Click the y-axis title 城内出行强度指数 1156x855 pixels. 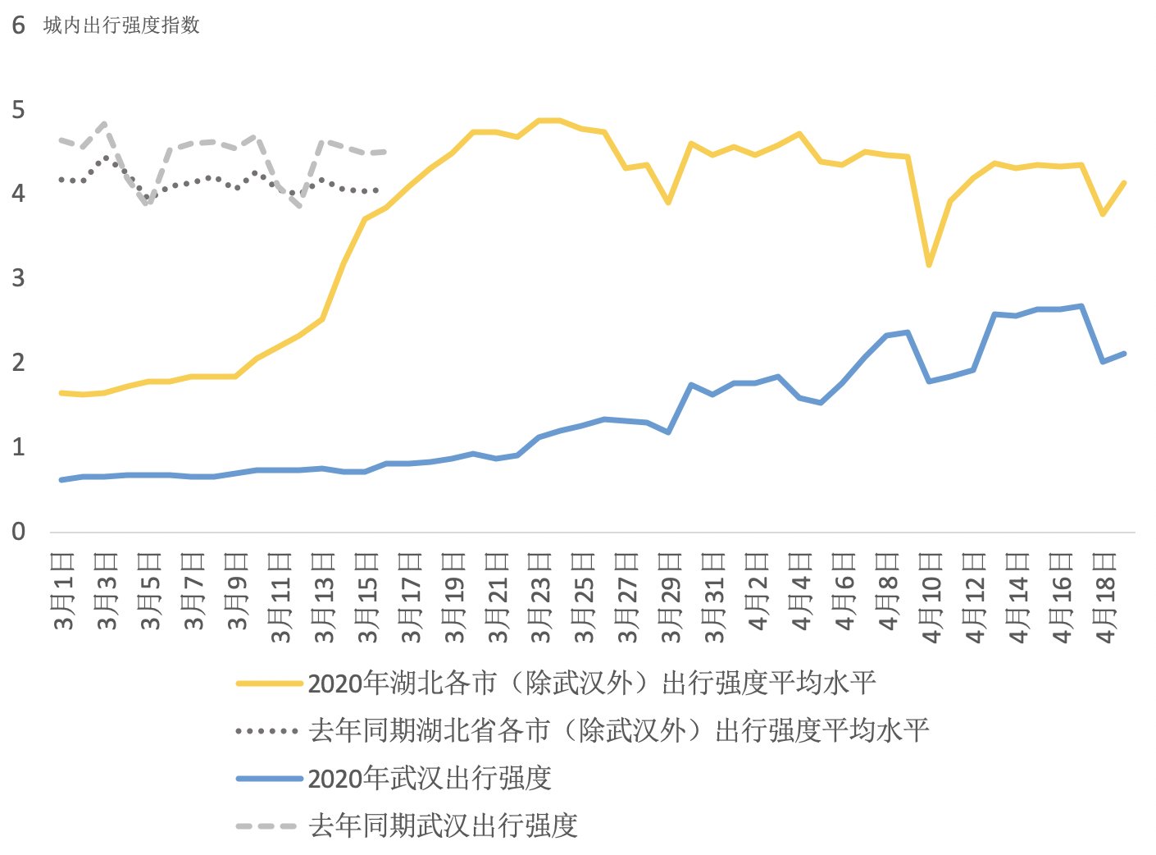(121, 25)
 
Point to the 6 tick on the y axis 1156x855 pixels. (18, 25)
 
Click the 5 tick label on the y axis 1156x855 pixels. (18, 110)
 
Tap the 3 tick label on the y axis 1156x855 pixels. (18, 278)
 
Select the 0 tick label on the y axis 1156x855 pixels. (18, 531)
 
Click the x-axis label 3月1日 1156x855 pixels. (63, 591)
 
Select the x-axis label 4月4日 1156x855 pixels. (802, 591)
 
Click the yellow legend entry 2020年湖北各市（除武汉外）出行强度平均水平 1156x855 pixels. (590, 683)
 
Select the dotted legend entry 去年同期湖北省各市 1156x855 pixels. (618, 730)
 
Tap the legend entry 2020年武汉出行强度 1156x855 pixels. (429, 778)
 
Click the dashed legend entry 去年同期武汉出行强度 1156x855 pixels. (443, 825)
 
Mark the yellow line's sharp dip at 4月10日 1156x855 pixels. (929, 265)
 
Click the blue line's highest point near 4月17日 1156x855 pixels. (1081, 306)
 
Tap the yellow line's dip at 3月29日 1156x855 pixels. (669, 202)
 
